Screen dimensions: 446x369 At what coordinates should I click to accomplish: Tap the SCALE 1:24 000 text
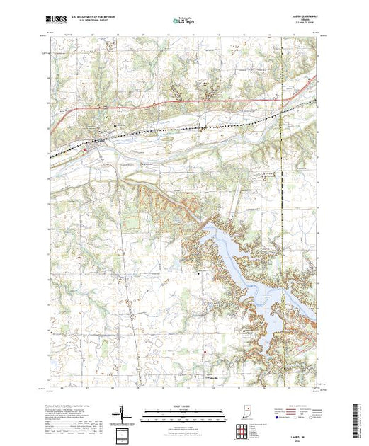(x=176, y=407)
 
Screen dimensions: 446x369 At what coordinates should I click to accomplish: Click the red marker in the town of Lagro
(x=84, y=149)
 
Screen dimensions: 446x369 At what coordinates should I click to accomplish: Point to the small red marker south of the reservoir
(x=204, y=352)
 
